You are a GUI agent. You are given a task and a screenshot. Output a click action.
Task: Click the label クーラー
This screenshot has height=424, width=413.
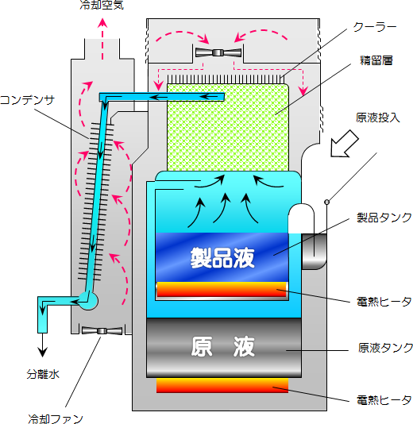coord(375,27)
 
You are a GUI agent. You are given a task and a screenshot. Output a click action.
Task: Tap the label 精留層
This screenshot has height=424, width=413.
coord(376,60)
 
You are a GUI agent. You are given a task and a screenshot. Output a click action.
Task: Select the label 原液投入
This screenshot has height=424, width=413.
coord(377,118)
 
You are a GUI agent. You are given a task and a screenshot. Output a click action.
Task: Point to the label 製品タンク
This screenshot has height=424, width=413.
coord(384,218)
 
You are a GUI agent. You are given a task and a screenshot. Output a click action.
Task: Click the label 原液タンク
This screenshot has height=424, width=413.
coord(385,348)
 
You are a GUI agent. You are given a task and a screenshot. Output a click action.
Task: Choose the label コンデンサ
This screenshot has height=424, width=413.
coord(27,100)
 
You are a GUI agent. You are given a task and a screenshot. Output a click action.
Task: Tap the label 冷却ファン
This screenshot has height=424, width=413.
coord(56,419)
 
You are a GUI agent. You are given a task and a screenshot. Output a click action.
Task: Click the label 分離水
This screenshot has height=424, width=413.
coord(43,374)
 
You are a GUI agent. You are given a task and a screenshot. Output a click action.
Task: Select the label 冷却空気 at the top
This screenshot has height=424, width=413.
coord(102,5)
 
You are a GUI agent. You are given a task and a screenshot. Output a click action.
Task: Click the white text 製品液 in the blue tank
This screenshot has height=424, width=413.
coord(222,258)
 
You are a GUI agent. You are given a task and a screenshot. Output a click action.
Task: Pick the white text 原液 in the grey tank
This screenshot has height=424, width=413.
coord(223,346)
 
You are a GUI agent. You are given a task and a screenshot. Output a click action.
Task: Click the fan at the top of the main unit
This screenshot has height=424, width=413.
coord(218,52)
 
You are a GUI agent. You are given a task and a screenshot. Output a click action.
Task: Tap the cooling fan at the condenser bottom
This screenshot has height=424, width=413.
coord(102,331)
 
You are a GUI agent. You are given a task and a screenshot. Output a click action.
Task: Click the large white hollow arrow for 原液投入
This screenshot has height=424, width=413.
coord(345,144)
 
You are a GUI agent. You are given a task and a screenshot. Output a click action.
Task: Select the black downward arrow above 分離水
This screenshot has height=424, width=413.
coord(42,345)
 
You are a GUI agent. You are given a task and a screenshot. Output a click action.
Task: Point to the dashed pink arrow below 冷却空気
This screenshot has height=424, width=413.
coord(102,39)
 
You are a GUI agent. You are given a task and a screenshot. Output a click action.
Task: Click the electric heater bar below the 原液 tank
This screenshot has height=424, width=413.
coord(222,385)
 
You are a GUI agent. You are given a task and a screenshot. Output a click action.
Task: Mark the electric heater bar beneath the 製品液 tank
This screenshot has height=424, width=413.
coord(222,289)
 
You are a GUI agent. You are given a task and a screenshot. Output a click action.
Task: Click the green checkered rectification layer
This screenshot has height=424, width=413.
coord(228,127)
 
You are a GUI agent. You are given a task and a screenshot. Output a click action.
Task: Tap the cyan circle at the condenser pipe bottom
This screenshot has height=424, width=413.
coord(88,301)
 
